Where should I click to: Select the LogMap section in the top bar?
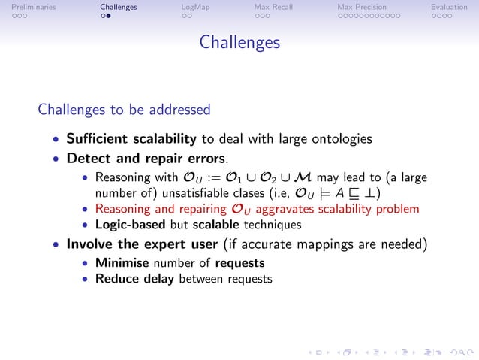coord(195,7)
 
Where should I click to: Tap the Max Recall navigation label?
coord(273,7)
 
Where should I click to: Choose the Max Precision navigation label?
coord(366,7)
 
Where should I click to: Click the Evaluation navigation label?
coord(449,7)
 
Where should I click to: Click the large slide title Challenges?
coord(239,43)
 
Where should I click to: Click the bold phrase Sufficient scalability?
coord(131,138)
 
